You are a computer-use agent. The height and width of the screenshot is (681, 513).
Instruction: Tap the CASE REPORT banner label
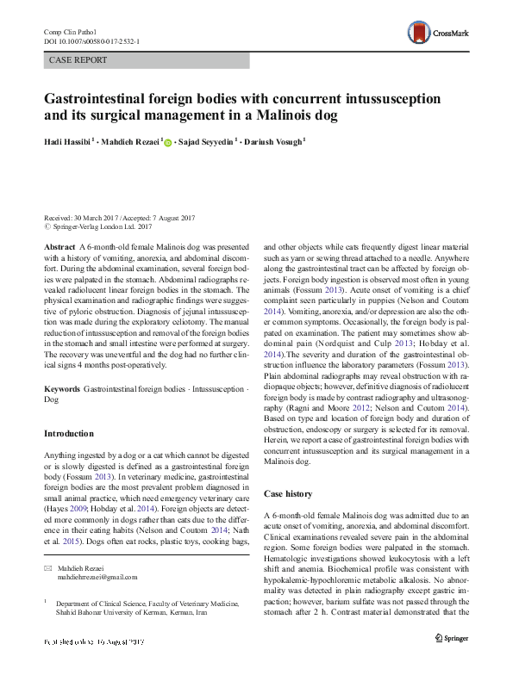click(x=78, y=60)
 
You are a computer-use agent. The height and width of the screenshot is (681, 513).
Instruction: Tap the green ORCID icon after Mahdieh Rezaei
click(x=167, y=142)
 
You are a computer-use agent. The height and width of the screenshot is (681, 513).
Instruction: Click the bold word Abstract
click(x=59, y=246)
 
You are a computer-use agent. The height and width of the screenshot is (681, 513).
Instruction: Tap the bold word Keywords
click(x=63, y=389)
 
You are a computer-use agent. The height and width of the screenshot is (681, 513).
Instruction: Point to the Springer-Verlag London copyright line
click(x=102, y=226)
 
